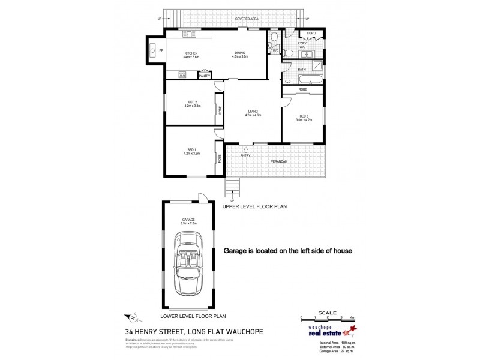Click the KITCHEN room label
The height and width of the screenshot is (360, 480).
(190, 53)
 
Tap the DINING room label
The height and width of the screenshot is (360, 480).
(239, 53)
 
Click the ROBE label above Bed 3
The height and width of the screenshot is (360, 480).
(303, 89)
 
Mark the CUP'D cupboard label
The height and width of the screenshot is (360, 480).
(311, 34)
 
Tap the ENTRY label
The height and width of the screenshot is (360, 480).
(244, 156)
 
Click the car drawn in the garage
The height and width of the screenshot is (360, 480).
(190, 265)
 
